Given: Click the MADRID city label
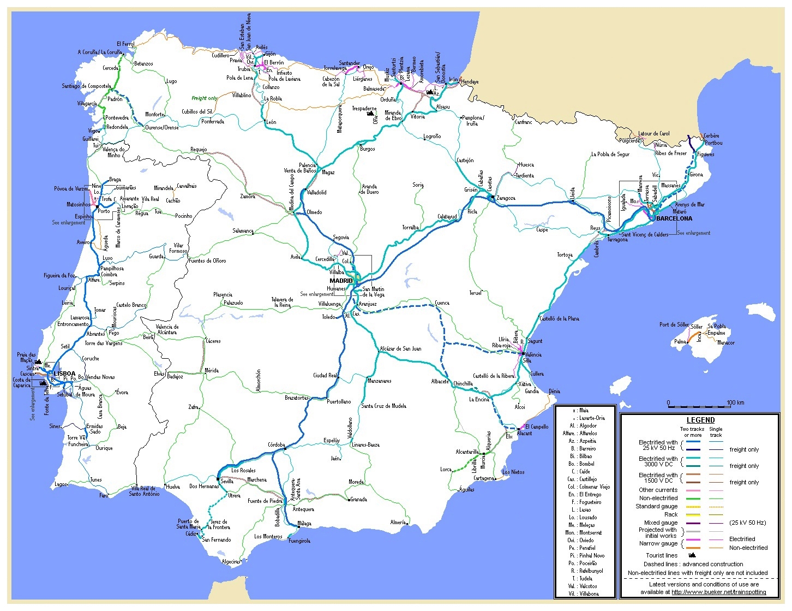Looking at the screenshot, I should click(x=341, y=281).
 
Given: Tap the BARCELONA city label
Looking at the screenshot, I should click(x=674, y=218).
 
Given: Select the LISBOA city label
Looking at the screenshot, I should click(x=64, y=373).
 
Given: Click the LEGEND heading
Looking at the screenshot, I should click(x=700, y=420).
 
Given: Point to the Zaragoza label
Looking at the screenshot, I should click(x=506, y=198).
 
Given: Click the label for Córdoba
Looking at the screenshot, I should click(x=277, y=445).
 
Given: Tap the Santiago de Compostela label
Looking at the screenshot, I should click(x=86, y=86).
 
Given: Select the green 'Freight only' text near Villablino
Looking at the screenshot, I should click(x=205, y=98).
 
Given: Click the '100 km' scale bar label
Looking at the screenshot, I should click(x=735, y=402).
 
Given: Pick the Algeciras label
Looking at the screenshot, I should click(x=231, y=561).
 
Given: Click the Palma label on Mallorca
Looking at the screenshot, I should click(x=680, y=342).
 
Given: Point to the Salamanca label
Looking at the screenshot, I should click(x=243, y=231).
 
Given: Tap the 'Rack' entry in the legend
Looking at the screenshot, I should click(x=671, y=514).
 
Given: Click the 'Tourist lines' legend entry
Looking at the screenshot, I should click(x=662, y=555).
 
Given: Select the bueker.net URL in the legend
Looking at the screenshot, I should click(x=718, y=591).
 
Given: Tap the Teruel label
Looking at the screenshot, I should click(x=476, y=293).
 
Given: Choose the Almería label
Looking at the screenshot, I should click(x=398, y=522).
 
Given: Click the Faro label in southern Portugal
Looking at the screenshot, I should click(x=104, y=496).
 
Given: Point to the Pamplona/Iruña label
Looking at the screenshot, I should click(x=472, y=120).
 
